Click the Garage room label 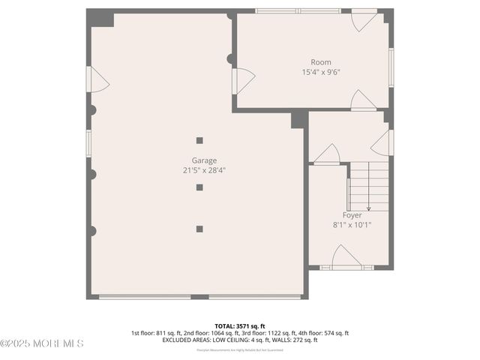[204, 160]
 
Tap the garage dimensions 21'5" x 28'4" [204, 170]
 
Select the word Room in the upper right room [321, 62]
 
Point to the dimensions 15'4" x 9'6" [321, 73]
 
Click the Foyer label [352, 214]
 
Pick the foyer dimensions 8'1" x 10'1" [352, 224]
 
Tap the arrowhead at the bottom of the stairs [368, 208]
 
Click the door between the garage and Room [243, 80]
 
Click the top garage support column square [199, 140]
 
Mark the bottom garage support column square [199, 229]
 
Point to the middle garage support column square [199, 187]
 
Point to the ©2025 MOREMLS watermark [42, 343]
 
